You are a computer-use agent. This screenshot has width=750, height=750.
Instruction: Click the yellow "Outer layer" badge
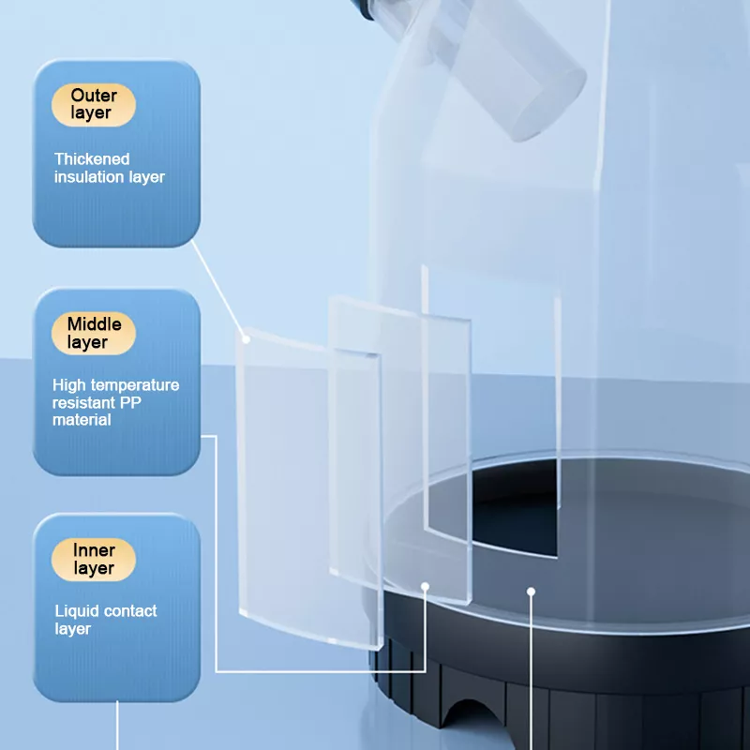pyautogui.click(x=94, y=105)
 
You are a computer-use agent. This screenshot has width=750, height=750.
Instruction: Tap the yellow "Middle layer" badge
pyautogui.click(x=94, y=334)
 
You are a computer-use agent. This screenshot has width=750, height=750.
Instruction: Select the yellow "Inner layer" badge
pyautogui.click(x=94, y=560)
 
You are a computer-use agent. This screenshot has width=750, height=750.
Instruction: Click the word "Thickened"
pyautogui.click(x=92, y=158)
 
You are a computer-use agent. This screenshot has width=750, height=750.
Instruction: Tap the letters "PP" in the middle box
pyautogui.click(x=130, y=403)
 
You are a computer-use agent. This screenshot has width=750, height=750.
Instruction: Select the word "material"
pyautogui.click(x=82, y=420)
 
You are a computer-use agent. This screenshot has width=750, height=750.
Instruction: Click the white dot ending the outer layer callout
pyautogui.click(x=246, y=339)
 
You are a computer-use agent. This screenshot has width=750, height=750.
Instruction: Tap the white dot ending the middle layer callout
pyautogui.click(x=426, y=587)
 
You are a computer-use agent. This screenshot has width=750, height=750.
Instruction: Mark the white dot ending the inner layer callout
pyautogui.click(x=531, y=592)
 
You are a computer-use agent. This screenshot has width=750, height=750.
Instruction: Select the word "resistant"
pyautogui.click(x=84, y=403)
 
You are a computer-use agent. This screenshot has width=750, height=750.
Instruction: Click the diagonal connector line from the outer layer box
pyautogui.click(x=218, y=290)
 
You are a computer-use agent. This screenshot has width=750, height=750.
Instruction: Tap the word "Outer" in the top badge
pyautogui.click(x=94, y=96)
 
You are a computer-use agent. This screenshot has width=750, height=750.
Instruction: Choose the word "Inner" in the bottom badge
pyautogui.click(x=94, y=550)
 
